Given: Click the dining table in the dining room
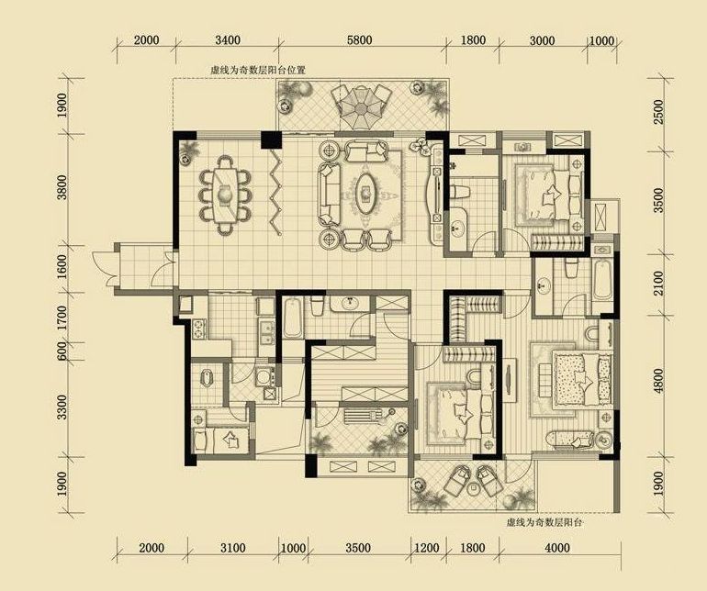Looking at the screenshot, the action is [224, 195].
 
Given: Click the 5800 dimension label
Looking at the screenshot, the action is [359, 40].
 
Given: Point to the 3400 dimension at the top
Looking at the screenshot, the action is [228, 40].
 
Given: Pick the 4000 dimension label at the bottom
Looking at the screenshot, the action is [557, 548].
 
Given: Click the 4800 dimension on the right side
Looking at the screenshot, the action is [658, 382].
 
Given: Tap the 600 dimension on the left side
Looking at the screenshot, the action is [62, 351].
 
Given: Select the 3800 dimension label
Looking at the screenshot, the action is [62, 187].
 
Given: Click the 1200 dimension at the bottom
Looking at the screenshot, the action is [427, 548].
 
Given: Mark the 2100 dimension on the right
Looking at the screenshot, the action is [658, 283].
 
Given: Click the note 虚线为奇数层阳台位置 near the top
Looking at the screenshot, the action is [258, 71].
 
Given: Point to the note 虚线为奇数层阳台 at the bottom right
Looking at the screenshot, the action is [544, 523].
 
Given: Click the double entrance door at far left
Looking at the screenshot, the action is [105, 269].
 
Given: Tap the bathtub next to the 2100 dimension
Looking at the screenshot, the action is [602, 280].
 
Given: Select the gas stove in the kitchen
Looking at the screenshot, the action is [198, 329].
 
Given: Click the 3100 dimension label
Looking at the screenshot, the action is [233, 548].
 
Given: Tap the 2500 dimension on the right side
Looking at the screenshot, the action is [658, 112].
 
